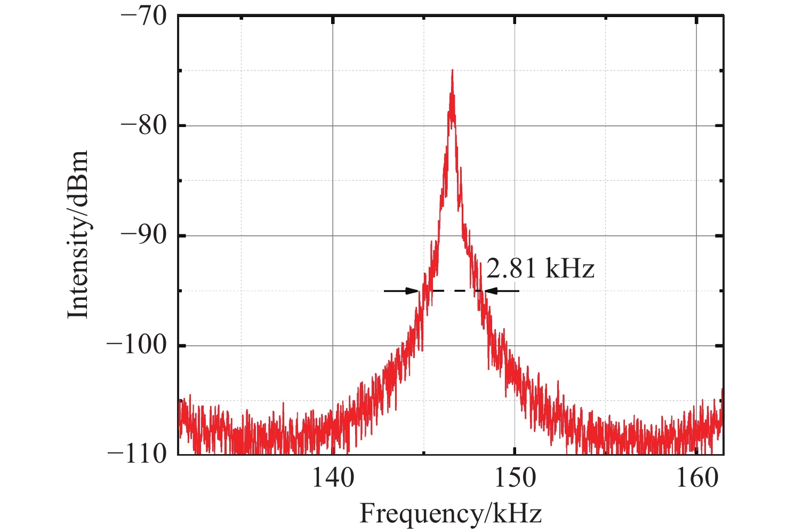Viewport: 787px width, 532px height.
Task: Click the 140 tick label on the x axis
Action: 333,478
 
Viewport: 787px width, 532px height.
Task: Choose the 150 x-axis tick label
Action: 515,478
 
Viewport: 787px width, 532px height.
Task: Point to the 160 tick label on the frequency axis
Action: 697,478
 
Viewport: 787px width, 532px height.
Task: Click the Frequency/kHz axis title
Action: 451,514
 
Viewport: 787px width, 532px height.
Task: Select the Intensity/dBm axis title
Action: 78,235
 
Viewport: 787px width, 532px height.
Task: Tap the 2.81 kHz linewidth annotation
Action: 540,269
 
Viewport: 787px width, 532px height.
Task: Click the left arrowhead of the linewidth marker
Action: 413,291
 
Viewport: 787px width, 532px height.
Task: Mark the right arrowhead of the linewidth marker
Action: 489,291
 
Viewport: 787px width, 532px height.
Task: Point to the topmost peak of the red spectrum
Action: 452,70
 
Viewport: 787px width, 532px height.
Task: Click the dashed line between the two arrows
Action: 451,291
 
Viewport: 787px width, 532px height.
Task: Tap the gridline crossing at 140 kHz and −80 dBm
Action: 333,126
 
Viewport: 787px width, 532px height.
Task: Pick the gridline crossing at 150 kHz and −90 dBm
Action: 515,236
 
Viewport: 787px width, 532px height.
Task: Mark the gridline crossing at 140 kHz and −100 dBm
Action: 333,346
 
